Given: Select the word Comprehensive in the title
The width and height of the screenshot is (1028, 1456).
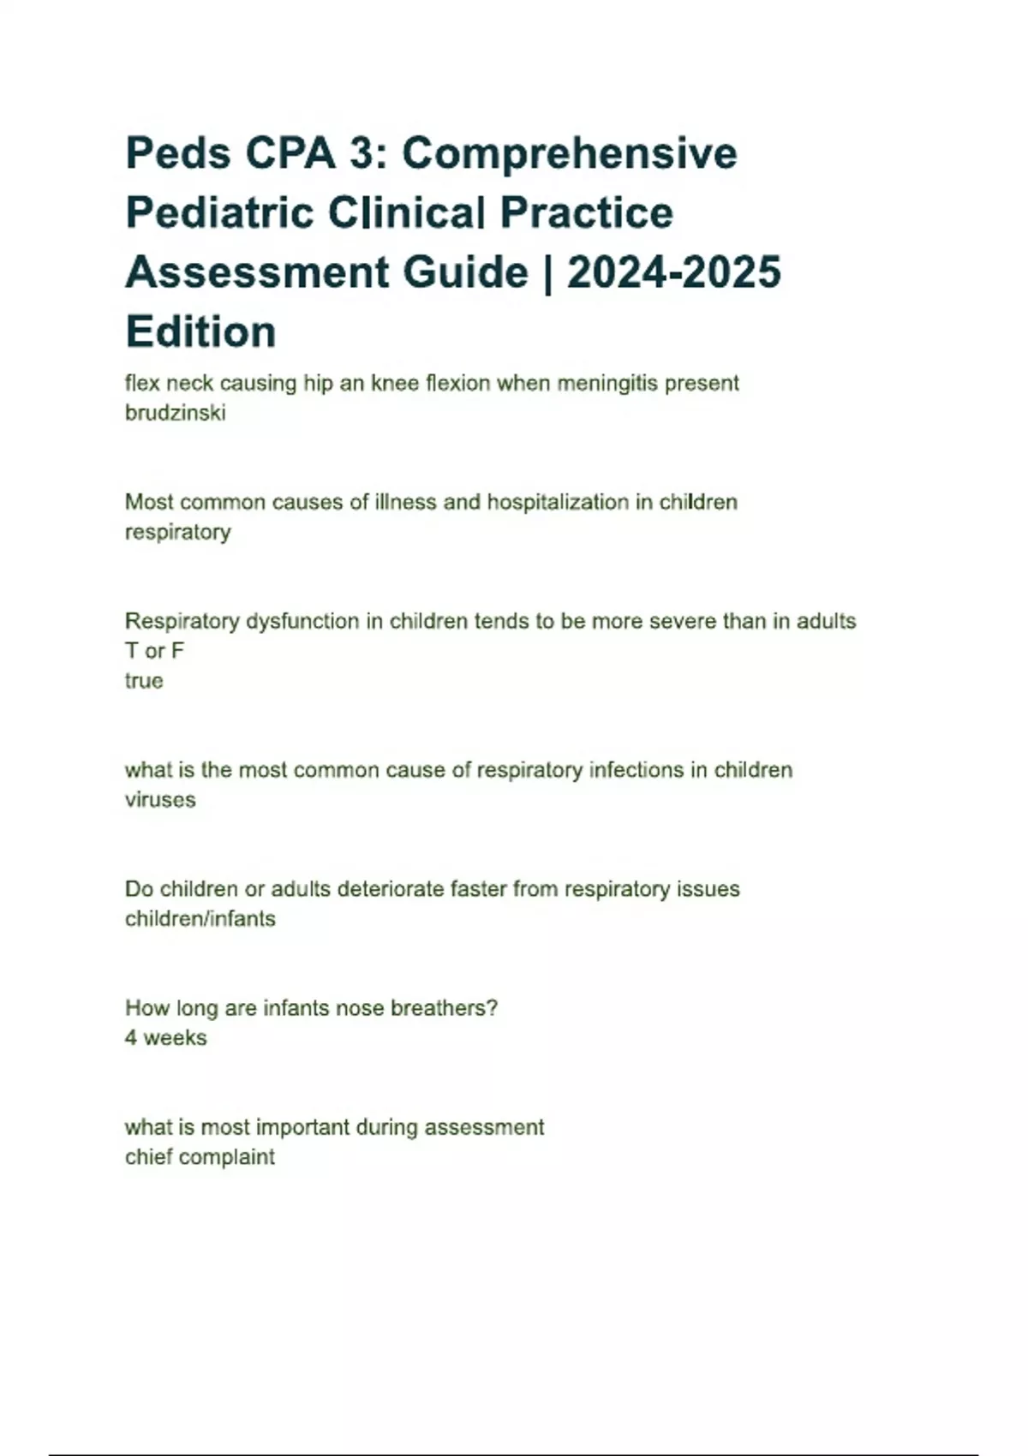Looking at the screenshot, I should pyautogui.click(x=570, y=155).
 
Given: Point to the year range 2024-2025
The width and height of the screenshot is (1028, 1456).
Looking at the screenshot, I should pyautogui.click(x=674, y=273).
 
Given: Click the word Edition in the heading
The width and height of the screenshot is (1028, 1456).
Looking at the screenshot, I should pyautogui.click(x=200, y=332).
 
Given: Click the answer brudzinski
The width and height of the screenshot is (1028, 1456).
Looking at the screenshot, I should pyautogui.click(x=176, y=413).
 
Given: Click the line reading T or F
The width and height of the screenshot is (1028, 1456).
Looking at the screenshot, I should pyautogui.click(x=154, y=651).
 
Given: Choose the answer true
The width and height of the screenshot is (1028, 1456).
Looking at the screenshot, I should pyautogui.click(x=144, y=681).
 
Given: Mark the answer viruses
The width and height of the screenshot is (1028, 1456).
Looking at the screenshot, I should pyautogui.click(x=160, y=800).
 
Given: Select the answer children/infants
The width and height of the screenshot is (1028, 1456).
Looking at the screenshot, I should pyautogui.click(x=200, y=919).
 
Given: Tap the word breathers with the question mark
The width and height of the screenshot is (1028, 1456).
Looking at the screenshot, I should pyautogui.click(x=444, y=1008).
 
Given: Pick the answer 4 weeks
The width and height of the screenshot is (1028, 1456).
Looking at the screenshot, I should pyautogui.click(x=166, y=1038).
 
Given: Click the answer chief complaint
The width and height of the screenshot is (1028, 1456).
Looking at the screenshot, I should pyautogui.click(x=200, y=1157).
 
